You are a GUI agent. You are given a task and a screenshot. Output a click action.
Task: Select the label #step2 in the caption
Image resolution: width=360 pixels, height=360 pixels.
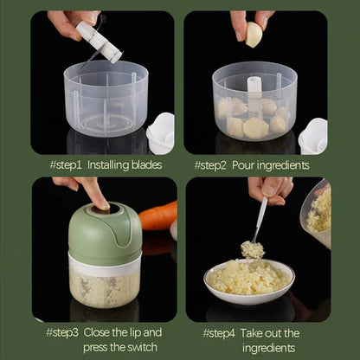point(213,164)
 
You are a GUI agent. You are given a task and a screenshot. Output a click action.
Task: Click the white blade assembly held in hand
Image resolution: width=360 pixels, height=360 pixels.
point(98,41)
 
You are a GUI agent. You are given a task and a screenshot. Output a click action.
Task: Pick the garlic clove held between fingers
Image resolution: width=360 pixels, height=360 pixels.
point(254,35)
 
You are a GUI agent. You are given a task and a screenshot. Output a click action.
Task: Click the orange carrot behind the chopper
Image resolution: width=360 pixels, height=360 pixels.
point(158,216)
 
